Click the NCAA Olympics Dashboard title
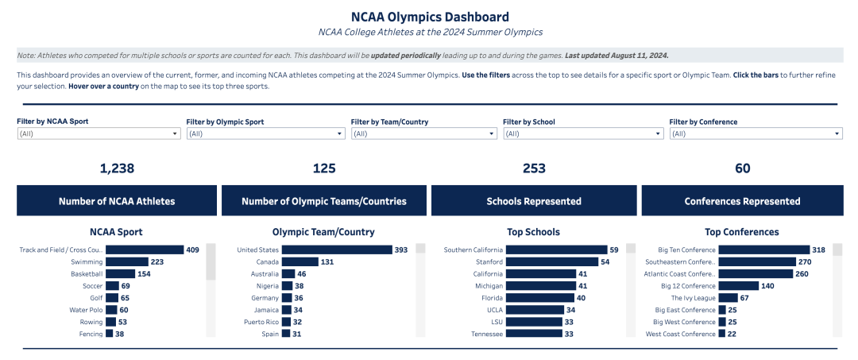[430, 17]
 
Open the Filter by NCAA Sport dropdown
[99, 134]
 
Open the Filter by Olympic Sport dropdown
[266, 134]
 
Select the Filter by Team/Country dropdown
[423, 134]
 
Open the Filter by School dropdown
[583, 134]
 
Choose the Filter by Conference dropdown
[756, 134]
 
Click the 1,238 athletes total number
[117, 168]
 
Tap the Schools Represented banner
[534, 201]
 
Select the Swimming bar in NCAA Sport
[127, 262]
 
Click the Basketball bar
[121, 274]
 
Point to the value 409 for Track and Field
[192, 250]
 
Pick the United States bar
[337, 250]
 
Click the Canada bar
[300, 262]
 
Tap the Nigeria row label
[268, 286]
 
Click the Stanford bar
[551, 262]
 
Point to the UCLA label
[494, 310]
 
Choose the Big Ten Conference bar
[764, 250]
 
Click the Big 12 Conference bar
[739, 286]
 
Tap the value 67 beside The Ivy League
[744, 298]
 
